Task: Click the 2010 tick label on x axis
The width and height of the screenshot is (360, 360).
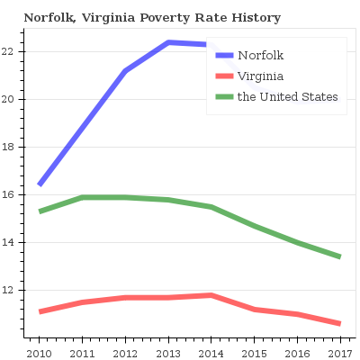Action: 39,353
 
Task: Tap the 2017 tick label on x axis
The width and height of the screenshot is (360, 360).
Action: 339,353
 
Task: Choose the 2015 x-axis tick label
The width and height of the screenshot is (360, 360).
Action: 255,353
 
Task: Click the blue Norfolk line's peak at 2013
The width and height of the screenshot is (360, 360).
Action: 168,42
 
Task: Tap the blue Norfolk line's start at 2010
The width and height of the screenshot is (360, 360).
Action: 40,184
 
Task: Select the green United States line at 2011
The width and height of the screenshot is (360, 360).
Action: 83,197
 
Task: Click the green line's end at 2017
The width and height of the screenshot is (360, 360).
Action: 339,256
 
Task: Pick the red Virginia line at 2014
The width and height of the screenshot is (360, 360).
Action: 211,295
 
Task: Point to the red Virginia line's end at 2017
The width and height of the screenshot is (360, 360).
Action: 339,323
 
